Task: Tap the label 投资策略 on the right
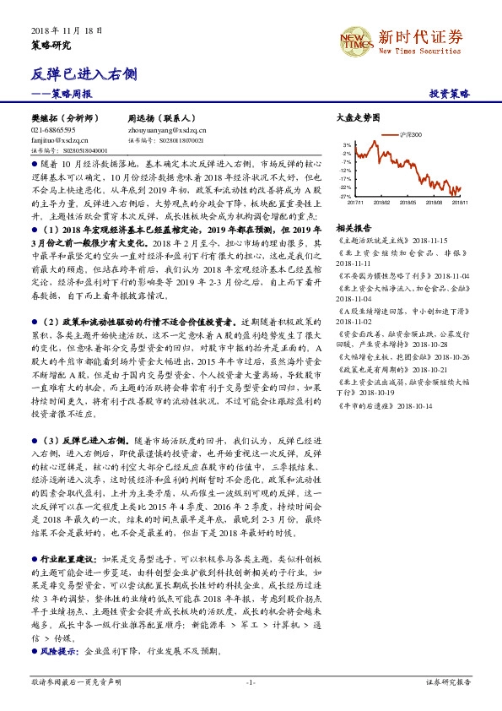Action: click(450, 94)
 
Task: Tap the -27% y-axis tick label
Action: click(346, 195)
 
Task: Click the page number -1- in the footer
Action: click(250, 681)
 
